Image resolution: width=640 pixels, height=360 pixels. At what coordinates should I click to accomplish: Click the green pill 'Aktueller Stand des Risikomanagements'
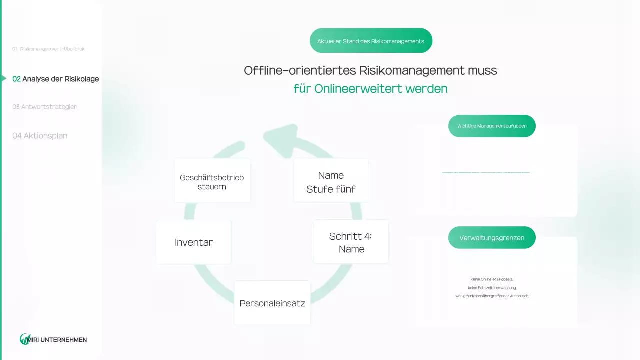point(371,41)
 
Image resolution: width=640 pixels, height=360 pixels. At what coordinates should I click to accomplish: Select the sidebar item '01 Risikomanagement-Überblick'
point(48,49)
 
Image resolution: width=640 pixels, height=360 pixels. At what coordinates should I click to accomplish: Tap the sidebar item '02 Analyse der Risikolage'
point(56,79)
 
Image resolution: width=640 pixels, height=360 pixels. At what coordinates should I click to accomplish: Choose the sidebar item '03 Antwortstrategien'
point(45,107)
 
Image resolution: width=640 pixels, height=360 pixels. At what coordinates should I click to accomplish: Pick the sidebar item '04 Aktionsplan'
point(40,136)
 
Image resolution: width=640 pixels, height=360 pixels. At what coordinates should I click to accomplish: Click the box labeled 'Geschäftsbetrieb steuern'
point(212,181)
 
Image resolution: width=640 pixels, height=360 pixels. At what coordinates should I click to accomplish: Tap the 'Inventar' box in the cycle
point(193,242)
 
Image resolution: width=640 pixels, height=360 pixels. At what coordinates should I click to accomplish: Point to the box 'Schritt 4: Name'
point(351,242)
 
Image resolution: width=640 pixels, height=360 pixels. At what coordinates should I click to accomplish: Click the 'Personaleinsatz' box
point(272,303)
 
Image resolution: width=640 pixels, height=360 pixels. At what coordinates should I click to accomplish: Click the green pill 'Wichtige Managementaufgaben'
point(492,126)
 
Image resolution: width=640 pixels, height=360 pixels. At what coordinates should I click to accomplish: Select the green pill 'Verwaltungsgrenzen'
point(492,238)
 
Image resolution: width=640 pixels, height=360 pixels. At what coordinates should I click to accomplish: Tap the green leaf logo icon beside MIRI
point(25,339)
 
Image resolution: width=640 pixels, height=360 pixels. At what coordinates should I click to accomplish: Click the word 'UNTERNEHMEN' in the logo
point(64,340)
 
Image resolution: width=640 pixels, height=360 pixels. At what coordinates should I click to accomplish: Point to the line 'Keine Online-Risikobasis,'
point(492,279)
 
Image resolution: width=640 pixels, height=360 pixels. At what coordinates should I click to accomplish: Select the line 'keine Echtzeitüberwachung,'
point(492,288)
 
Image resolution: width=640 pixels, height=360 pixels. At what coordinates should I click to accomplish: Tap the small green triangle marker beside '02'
point(4,79)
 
